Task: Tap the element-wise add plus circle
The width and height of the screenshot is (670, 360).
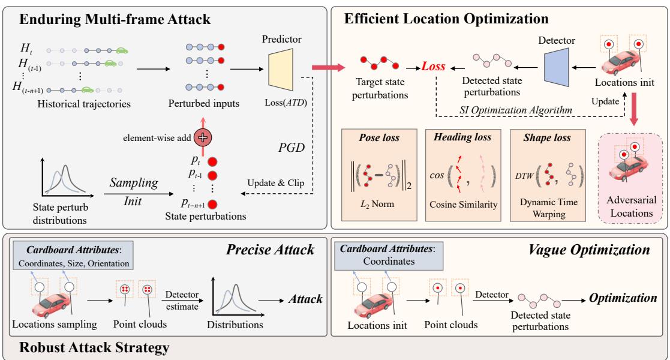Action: pos(205,137)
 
